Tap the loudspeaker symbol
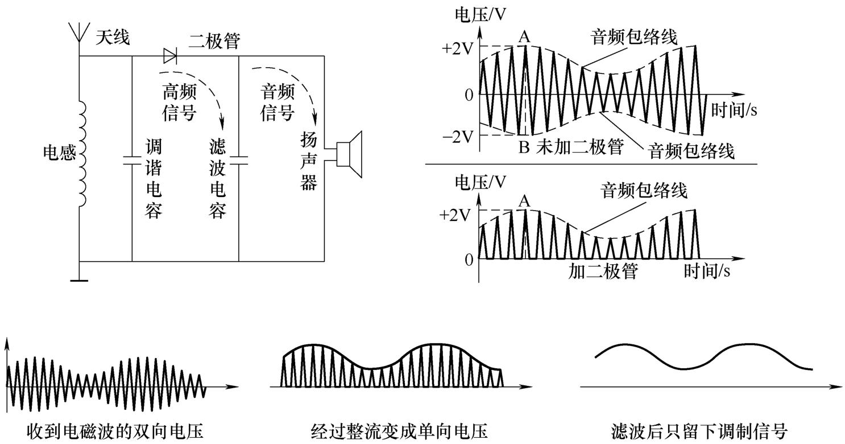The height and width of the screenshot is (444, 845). coord(348,152)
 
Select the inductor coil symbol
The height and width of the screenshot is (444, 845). coord(81,154)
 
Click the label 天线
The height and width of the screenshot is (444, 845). coord(112,38)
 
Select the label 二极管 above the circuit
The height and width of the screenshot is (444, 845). coord(215,41)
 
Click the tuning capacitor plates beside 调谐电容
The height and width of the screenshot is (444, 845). coord(132,159)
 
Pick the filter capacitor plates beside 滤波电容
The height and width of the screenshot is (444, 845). coord(239,159)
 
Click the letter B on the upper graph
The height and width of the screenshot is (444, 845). coord(524,147)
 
